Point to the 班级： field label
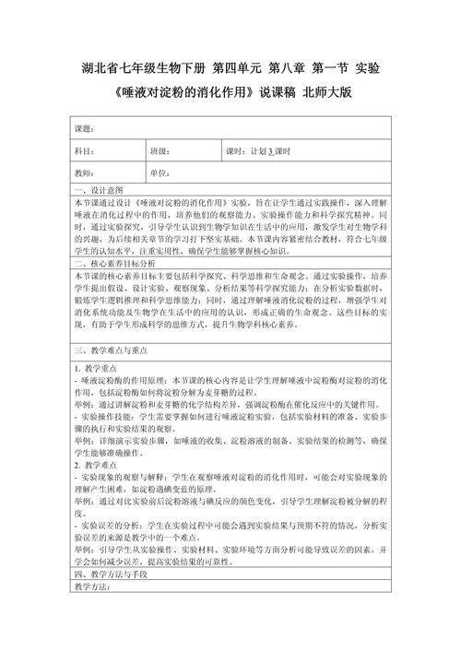click(x=161, y=150)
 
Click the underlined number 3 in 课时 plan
click(x=271, y=150)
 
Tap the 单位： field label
click(x=161, y=172)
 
